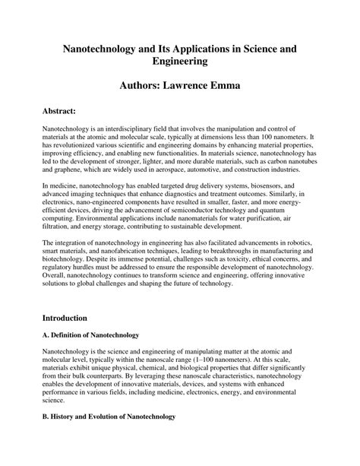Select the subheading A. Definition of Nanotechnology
(x=99, y=335)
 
